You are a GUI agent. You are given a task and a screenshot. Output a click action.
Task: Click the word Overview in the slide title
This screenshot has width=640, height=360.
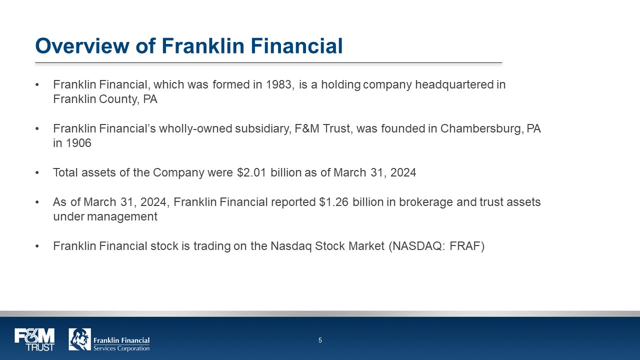point(82,45)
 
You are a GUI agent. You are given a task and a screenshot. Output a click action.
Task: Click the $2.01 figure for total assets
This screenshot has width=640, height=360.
point(251,172)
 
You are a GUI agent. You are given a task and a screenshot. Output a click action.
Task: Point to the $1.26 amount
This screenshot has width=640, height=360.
point(333,202)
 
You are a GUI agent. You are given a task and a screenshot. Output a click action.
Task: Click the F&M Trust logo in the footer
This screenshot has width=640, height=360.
point(34,339)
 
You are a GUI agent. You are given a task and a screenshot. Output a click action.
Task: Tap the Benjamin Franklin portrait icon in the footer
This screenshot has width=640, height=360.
point(79,339)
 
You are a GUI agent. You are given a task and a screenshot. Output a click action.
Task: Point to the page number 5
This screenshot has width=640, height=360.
point(320,340)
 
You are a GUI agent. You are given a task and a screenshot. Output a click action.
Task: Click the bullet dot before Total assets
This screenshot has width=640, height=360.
point(37,173)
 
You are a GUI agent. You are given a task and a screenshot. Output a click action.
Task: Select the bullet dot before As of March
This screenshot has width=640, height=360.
point(37,202)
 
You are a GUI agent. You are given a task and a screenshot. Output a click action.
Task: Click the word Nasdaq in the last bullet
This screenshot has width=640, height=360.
point(291,246)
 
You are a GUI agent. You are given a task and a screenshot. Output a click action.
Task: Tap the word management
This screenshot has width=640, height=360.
point(122,217)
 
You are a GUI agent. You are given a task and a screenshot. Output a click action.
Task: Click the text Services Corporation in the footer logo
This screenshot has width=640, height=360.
point(121,348)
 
